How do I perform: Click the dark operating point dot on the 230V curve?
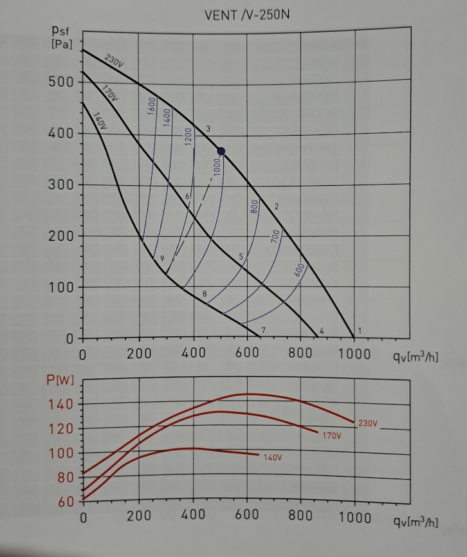tap(221, 151)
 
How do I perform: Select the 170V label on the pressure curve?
tap(110, 93)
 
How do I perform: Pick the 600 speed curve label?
tap(299, 270)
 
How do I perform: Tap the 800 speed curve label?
tap(254, 206)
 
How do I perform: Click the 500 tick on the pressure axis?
tap(60, 82)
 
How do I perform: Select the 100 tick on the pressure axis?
tap(60, 287)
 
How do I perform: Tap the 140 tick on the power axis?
tap(61, 404)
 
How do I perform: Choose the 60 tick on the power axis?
tap(65, 502)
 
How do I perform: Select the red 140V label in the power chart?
tap(273, 457)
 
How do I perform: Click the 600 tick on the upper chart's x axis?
tap(247, 354)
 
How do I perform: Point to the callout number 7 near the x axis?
tap(264, 329)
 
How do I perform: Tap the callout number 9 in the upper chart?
tap(162, 258)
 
